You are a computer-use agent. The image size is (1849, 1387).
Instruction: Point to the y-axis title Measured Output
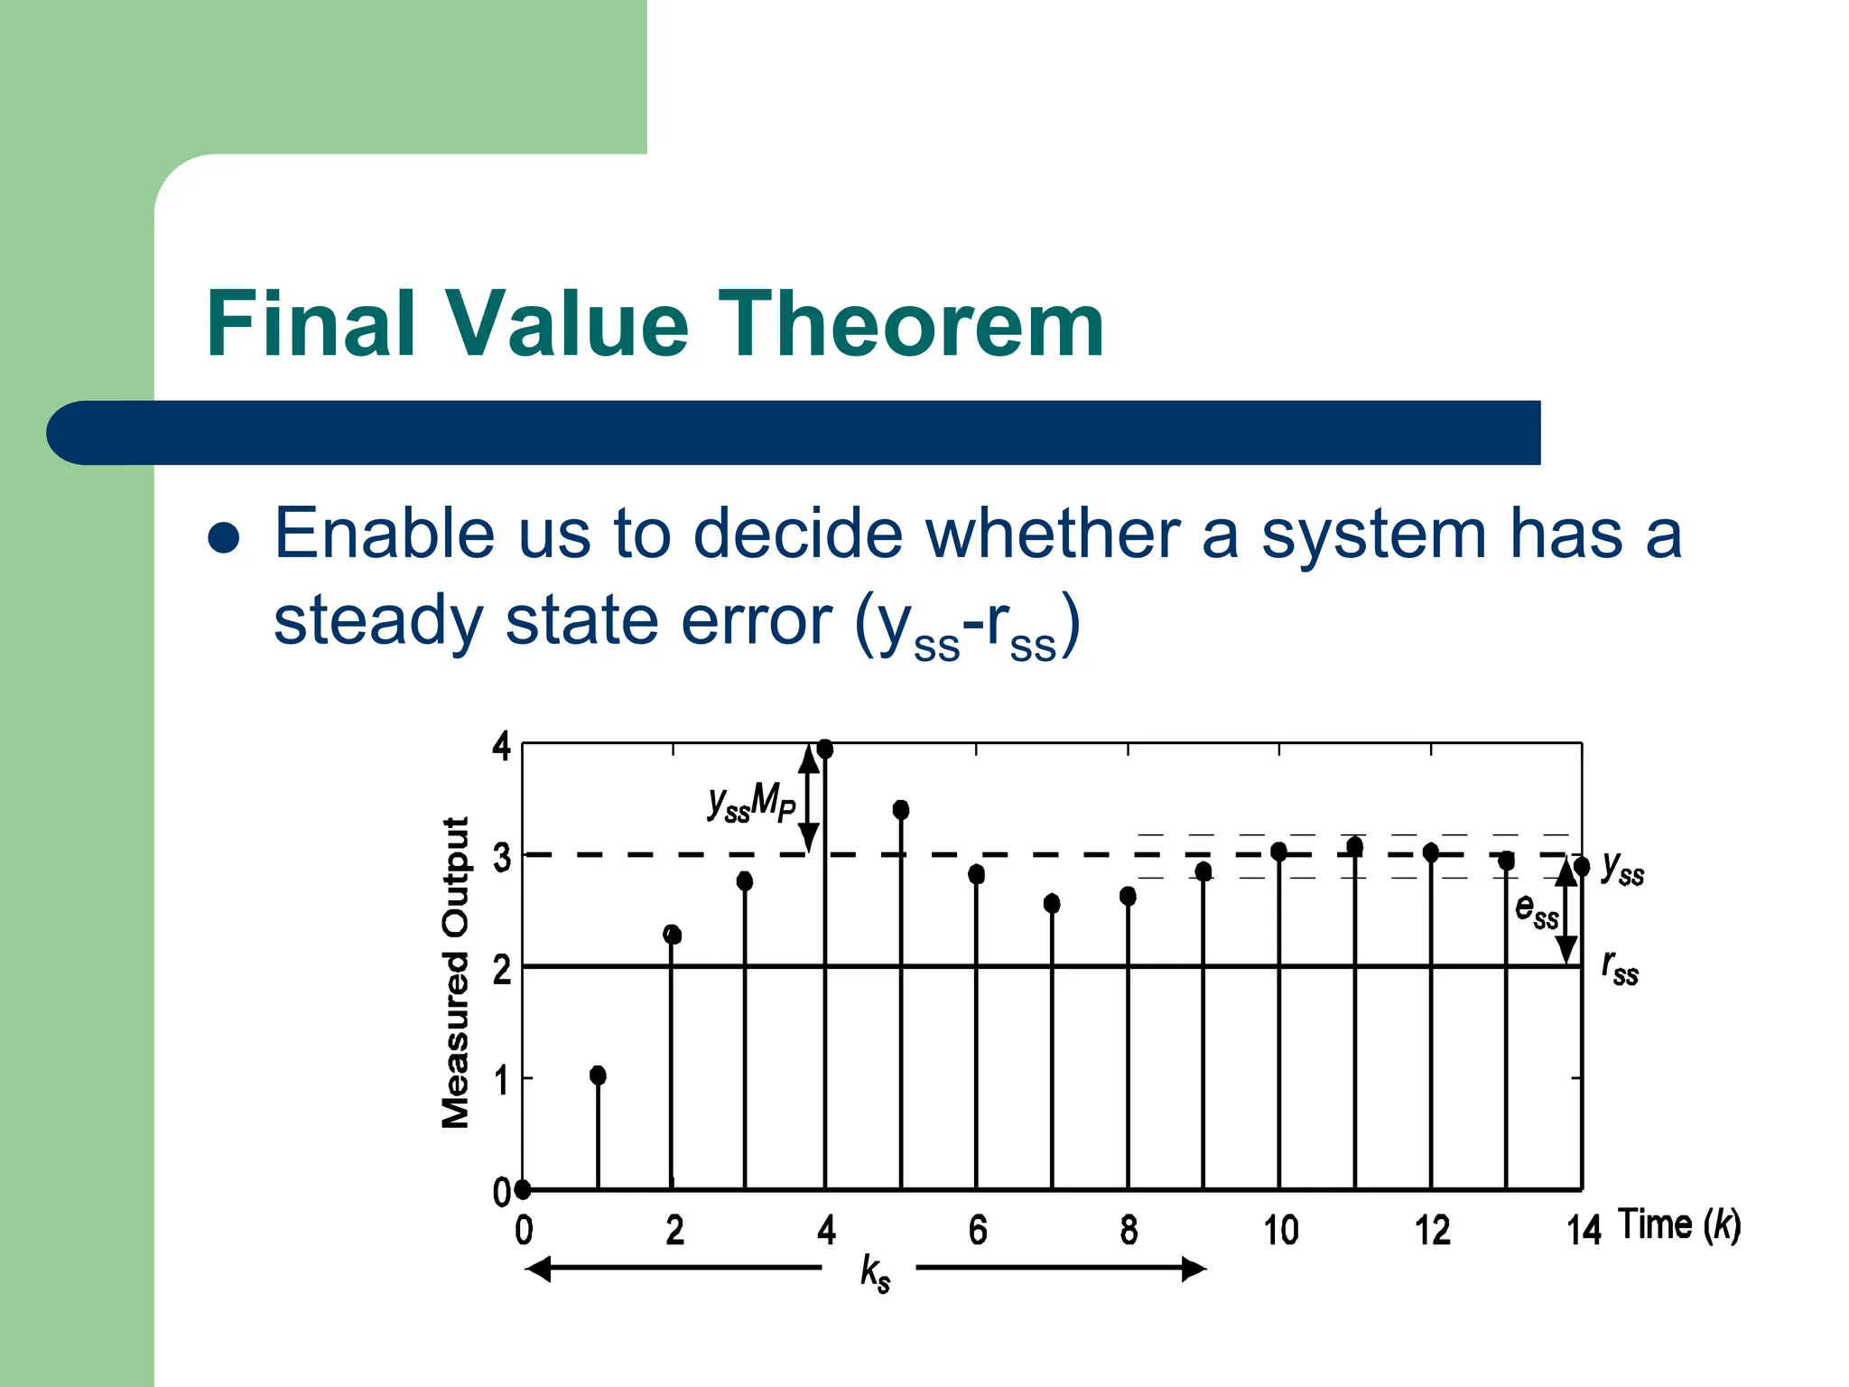click(x=456, y=973)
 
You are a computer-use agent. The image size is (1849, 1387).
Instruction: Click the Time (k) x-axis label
click(x=1678, y=1225)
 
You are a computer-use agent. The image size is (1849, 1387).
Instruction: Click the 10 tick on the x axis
click(x=1279, y=1231)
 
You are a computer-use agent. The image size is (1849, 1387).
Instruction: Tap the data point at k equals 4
click(x=824, y=749)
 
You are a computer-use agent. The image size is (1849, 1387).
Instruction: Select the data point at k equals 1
click(x=598, y=1075)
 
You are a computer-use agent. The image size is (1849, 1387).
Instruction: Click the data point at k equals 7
click(x=1052, y=903)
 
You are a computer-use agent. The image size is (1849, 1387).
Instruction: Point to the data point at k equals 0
click(x=523, y=1189)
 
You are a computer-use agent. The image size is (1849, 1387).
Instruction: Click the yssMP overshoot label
click(x=751, y=802)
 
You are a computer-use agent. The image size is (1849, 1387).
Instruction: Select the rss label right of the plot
click(x=1620, y=968)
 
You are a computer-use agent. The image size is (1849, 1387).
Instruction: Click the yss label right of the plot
click(x=1622, y=868)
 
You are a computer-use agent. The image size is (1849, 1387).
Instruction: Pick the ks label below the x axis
click(x=874, y=1271)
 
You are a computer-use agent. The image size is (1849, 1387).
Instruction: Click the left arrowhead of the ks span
click(x=538, y=1269)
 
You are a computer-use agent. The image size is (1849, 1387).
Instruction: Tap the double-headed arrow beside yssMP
click(x=809, y=799)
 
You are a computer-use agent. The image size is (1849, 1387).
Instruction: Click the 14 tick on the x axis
click(x=1583, y=1231)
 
